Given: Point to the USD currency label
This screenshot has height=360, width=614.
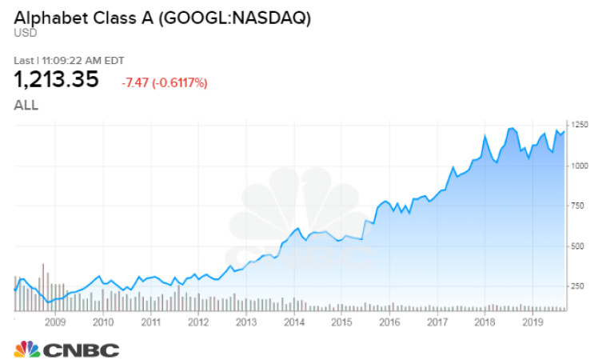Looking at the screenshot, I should (x=23, y=33).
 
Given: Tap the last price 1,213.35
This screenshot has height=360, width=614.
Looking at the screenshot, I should (x=56, y=80).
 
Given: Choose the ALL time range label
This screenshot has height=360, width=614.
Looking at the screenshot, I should (x=26, y=105).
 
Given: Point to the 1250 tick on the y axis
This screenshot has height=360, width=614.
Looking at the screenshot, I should (x=580, y=125).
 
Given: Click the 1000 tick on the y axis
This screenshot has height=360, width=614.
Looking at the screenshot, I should (x=580, y=165).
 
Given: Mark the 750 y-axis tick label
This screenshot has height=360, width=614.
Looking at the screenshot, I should (x=579, y=206).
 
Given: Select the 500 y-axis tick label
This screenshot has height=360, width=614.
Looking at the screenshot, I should (x=579, y=246).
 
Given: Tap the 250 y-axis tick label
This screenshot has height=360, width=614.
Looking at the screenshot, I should (x=579, y=286).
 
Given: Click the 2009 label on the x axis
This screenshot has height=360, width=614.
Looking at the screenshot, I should (x=54, y=322).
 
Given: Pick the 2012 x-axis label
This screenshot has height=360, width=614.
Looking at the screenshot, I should (x=197, y=322).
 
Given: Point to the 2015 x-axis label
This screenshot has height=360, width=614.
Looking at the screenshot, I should (x=341, y=322).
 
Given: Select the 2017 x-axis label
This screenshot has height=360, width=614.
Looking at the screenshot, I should (x=437, y=322).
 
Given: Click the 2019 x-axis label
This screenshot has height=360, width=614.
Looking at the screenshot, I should (x=532, y=322).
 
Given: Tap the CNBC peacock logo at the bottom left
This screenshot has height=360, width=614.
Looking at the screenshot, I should (x=26, y=349).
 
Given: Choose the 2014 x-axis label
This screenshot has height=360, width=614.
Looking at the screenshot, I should (x=293, y=322).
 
